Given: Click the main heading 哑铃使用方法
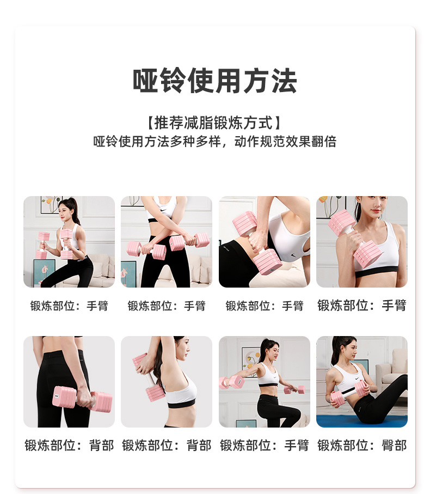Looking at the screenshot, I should click(215, 81).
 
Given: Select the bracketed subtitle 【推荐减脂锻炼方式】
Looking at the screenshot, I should click(215, 121).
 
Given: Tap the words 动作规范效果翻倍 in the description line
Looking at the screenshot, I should click(285, 142).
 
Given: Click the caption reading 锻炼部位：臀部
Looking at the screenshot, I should click(362, 446).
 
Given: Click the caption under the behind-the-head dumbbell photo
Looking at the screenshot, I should click(167, 446).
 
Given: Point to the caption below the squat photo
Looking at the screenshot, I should click(69, 306).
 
